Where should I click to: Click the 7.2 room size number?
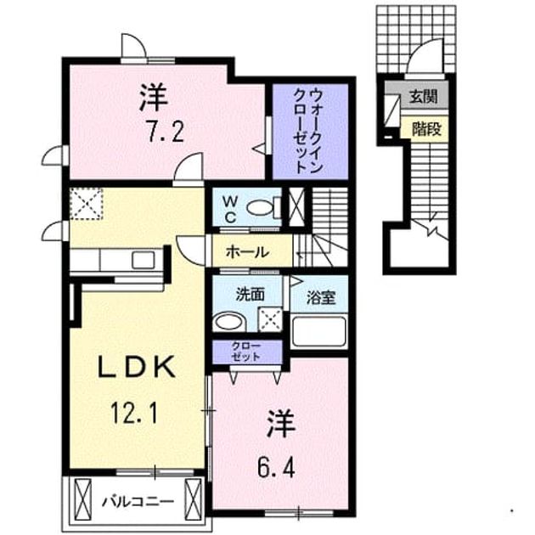(x=166, y=132)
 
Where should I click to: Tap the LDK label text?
(x=137, y=367)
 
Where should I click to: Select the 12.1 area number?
(x=134, y=412)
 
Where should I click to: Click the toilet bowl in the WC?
(x=261, y=208)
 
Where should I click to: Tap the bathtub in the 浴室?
(x=319, y=331)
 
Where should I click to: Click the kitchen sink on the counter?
(x=143, y=260)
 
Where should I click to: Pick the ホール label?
(x=247, y=252)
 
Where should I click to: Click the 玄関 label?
(x=423, y=97)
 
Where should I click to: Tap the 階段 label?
(x=426, y=129)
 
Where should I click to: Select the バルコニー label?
(x=138, y=502)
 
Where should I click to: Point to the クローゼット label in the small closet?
(x=246, y=352)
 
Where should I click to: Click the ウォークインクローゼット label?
(x=308, y=131)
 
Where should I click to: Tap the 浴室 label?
(x=321, y=297)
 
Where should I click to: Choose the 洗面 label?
(x=251, y=295)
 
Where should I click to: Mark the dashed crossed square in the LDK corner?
(x=87, y=204)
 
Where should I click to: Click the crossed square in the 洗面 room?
(x=270, y=319)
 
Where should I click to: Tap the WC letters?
(x=230, y=210)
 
